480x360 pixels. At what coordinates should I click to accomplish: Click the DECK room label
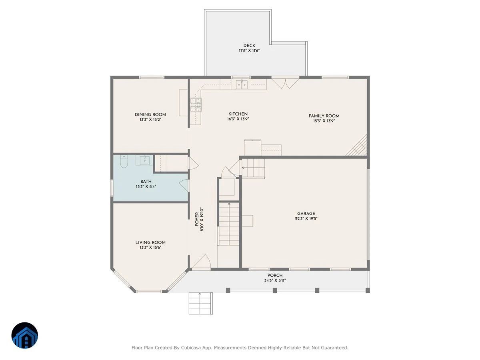[x=249, y=46]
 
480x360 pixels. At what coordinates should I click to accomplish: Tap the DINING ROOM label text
[x=150, y=114]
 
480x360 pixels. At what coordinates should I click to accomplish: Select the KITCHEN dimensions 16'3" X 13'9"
[x=238, y=119]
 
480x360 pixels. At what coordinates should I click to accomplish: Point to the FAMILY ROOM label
[x=324, y=116]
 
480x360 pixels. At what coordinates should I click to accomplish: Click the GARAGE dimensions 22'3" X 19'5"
[x=306, y=218]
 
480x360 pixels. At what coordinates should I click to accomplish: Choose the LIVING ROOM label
[x=150, y=242]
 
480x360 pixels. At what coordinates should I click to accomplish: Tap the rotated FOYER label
[x=197, y=219]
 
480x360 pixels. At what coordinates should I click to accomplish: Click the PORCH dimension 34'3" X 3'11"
[x=275, y=280]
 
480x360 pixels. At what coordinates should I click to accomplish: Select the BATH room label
[x=146, y=182]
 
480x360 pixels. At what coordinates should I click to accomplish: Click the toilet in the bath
[x=124, y=161]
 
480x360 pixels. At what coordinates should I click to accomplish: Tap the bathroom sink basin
[x=144, y=161]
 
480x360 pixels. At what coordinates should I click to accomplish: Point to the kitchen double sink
[x=242, y=84]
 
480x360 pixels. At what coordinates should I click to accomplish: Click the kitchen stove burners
[x=196, y=105]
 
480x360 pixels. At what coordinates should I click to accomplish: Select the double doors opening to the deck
[x=285, y=83]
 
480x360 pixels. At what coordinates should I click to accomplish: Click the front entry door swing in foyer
[x=201, y=261]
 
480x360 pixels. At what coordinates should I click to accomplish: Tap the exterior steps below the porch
[x=200, y=303]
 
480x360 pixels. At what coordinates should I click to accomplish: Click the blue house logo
[x=25, y=335]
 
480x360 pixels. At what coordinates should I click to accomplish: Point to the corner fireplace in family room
[x=357, y=146]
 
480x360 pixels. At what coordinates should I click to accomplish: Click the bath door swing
[x=184, y=186]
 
